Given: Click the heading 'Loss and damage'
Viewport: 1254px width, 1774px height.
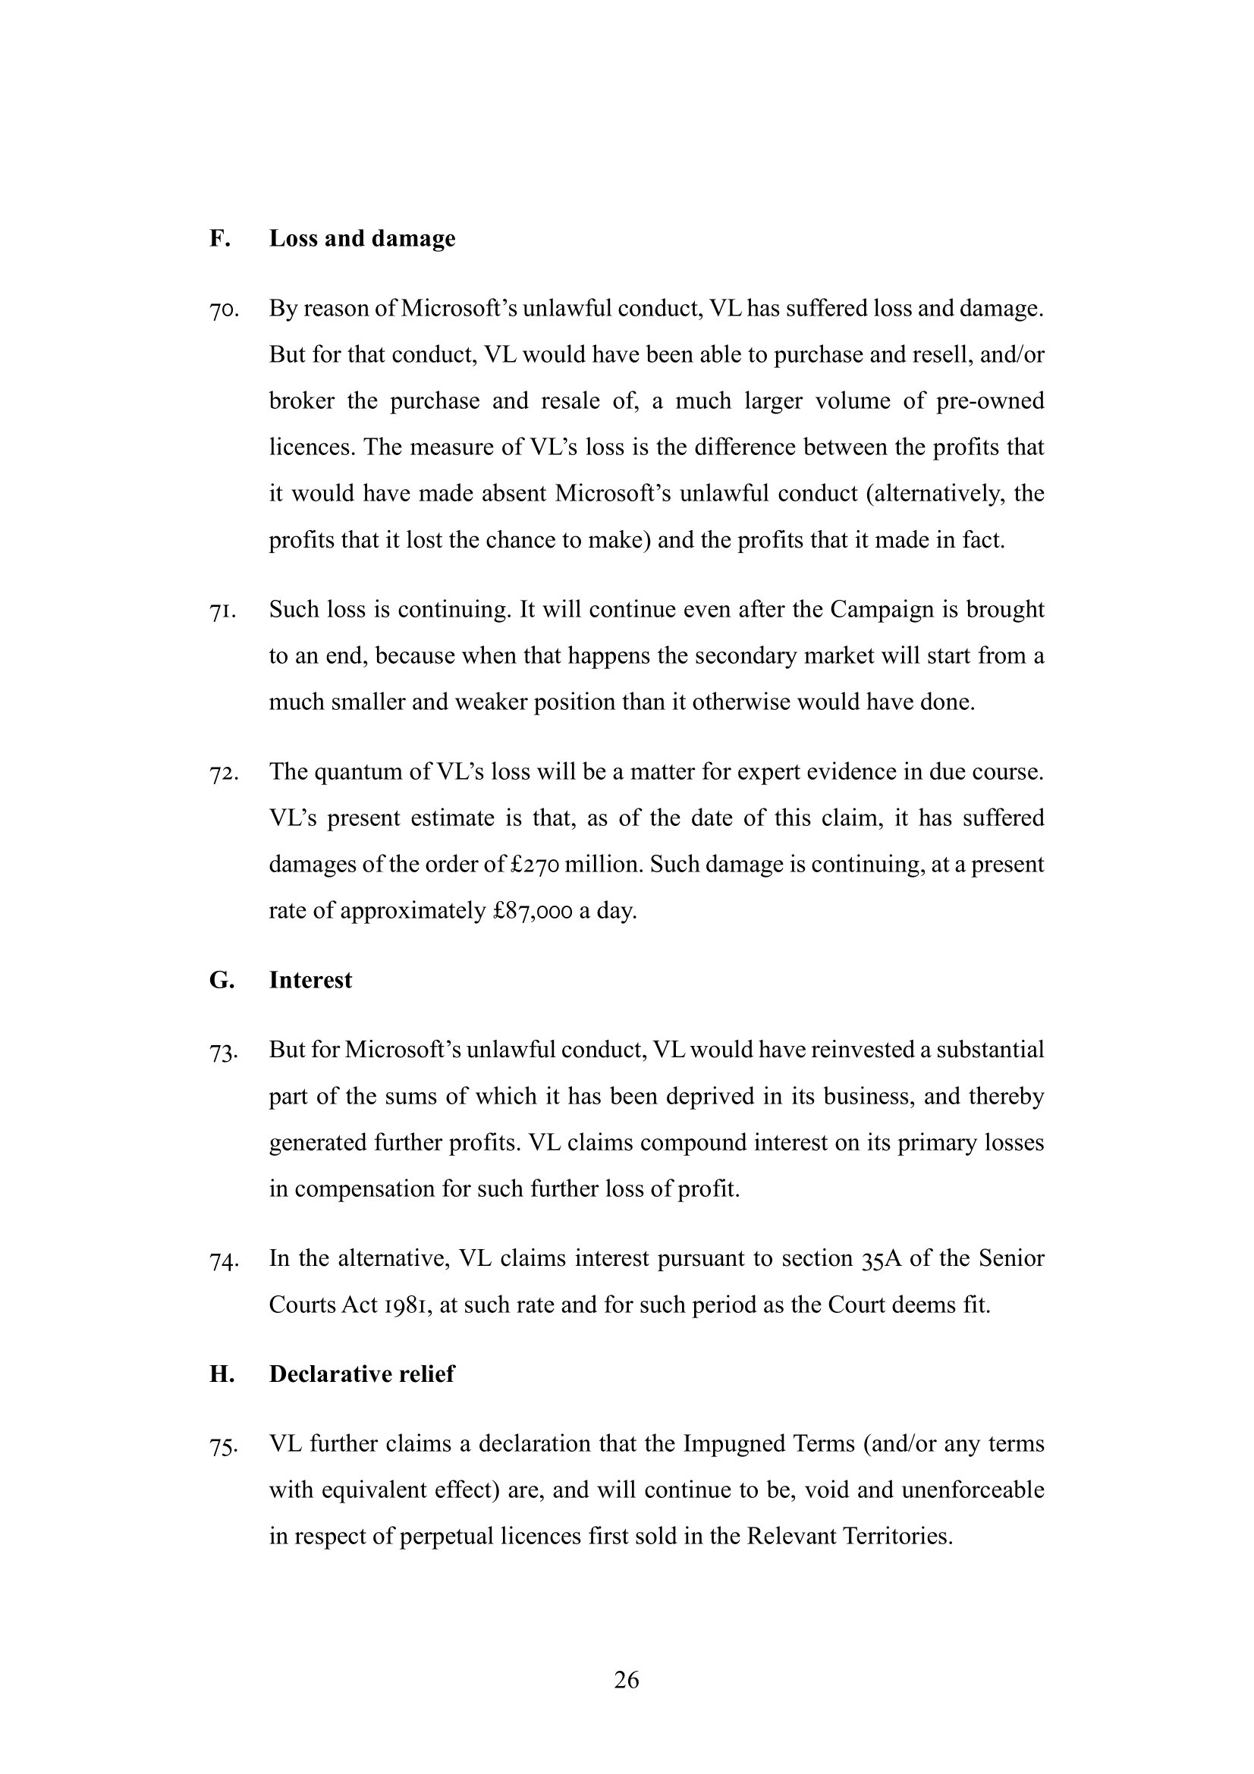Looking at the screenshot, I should (362, 238).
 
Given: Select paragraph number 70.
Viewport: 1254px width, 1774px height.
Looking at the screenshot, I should (223, 311).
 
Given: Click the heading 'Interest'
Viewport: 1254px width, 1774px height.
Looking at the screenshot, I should (310, 980).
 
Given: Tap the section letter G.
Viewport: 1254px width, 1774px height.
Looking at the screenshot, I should (221, 980).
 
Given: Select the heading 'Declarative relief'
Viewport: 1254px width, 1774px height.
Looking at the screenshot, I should (362, 1374).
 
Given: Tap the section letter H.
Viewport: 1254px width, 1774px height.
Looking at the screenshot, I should (221, 1374).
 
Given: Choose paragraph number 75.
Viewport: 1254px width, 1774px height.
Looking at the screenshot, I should (223, 1446).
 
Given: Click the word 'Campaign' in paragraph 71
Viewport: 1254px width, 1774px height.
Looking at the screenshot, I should (882, 610).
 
